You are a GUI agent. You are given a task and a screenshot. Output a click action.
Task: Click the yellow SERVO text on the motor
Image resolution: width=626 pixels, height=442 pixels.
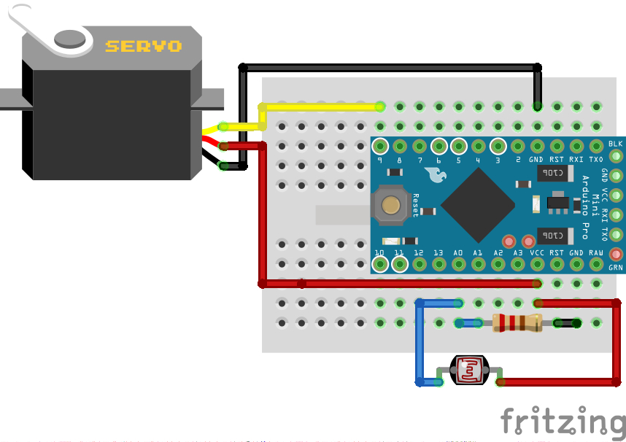point(143,46)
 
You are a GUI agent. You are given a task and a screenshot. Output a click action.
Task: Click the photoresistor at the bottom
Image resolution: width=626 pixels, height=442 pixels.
point(470,371)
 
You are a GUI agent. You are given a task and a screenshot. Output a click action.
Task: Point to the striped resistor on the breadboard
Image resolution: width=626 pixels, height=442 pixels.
point(517,322)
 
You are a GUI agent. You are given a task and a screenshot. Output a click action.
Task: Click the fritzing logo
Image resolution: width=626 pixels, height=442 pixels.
point(562,422)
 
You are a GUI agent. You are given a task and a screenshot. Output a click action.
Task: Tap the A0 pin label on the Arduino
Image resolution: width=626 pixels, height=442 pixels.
point(458,252)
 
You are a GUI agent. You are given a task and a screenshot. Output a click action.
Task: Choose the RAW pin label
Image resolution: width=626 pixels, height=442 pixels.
point(596,252)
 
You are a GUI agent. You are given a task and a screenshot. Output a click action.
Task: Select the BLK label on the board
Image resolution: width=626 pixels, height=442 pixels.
point(616,143)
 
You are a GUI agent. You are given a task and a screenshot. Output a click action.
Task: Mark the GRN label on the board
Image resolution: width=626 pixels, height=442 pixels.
point(616,268)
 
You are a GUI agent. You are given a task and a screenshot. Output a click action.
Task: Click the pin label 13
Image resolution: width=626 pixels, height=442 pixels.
point(438,252)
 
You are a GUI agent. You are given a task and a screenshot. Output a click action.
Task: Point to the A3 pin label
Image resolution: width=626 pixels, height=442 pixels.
point(517,252)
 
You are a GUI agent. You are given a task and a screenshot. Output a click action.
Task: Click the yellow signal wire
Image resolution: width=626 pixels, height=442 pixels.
point(321,106)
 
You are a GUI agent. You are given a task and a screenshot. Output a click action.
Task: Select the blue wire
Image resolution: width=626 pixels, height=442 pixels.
point(420,343)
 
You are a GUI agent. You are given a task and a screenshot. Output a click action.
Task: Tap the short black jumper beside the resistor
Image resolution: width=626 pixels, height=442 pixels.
point(566,322)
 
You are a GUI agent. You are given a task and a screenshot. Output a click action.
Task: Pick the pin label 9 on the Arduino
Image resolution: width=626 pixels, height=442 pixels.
point(379,160)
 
